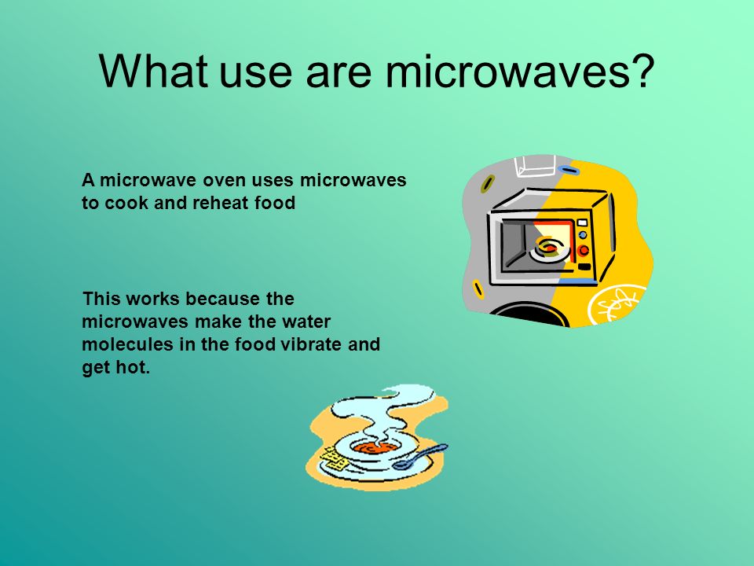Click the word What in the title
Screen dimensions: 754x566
tap(153, 71)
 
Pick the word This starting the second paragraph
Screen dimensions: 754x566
tap(101, 299)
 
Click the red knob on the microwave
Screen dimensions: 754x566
tap(584, 250)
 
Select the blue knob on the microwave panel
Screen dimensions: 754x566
tap(583, 235)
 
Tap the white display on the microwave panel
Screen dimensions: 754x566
tap(582, 222)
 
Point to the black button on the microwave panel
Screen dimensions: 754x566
tap(584, 266)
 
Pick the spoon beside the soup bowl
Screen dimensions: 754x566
tap(419, 457)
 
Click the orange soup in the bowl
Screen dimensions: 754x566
tap(376, 449)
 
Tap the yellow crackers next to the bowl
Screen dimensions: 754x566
tap(334, 458)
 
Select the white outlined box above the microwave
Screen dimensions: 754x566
tap(535, 166)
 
